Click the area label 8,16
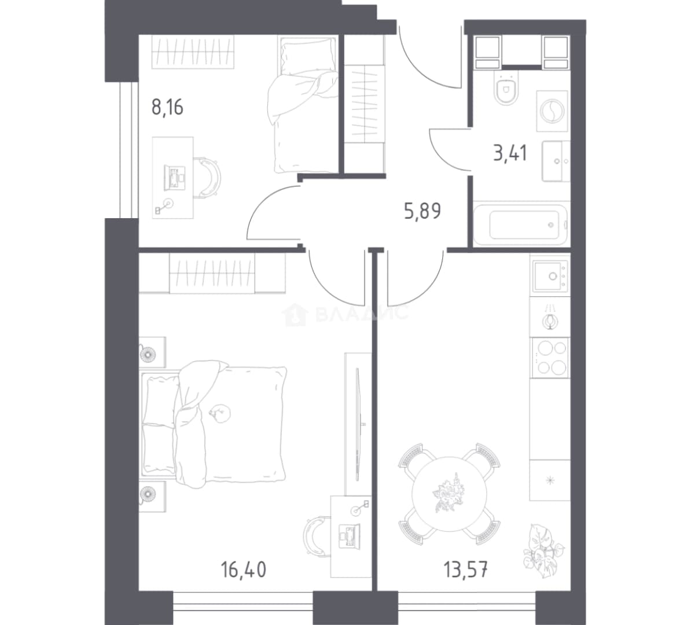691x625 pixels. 167,107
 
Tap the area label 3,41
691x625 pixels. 510,153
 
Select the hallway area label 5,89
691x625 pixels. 422,211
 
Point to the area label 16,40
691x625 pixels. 244,569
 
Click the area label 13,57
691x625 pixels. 465,569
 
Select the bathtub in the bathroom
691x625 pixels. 521,225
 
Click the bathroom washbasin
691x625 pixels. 556,161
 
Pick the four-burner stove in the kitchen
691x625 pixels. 550,358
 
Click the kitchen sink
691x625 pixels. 550,276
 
